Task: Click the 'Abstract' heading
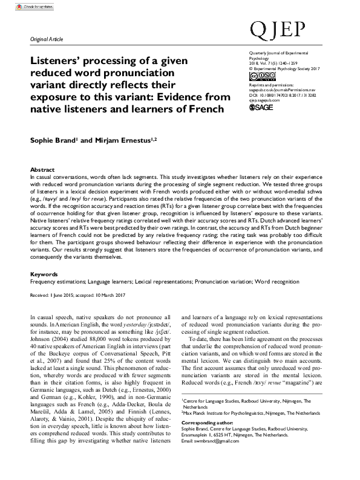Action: pos(42,170)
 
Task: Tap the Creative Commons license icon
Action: pos(259,76)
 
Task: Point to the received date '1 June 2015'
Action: pos(63,294)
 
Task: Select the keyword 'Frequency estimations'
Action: pos(56,281)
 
